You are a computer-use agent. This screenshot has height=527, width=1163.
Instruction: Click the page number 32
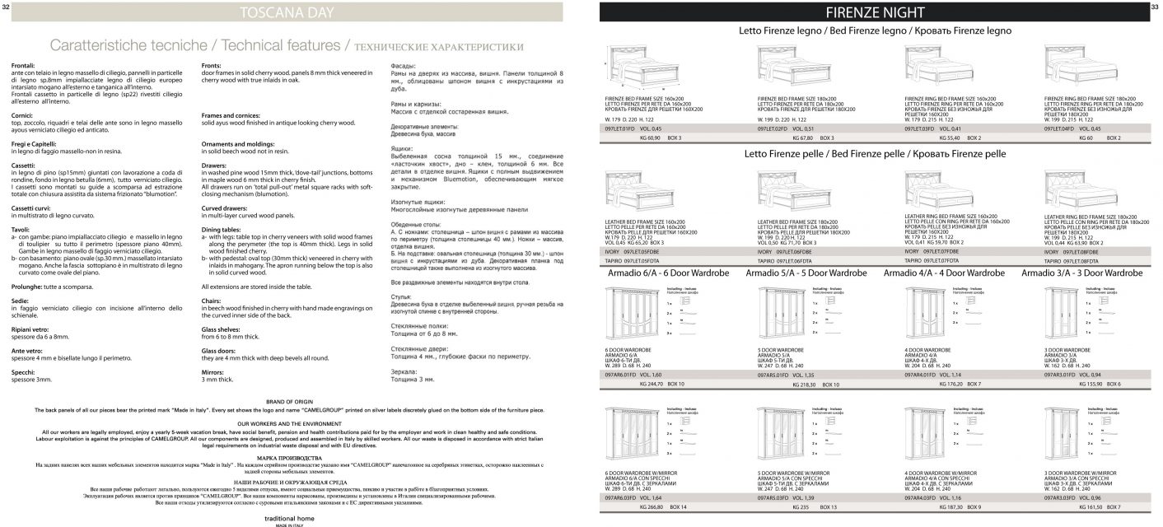tap(6, 7)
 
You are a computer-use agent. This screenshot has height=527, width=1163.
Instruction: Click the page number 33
tap(1155, 7)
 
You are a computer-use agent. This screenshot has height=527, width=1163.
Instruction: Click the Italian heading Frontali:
tap(23, 64)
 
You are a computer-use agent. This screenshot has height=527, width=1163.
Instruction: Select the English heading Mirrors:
tap(214, 372)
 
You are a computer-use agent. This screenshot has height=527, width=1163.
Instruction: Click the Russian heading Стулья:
tap(401, 294)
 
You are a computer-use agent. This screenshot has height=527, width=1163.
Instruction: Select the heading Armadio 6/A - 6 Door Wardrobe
tap(667, 273)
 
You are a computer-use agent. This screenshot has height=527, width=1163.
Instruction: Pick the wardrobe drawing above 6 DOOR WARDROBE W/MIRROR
tap(633, 432)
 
